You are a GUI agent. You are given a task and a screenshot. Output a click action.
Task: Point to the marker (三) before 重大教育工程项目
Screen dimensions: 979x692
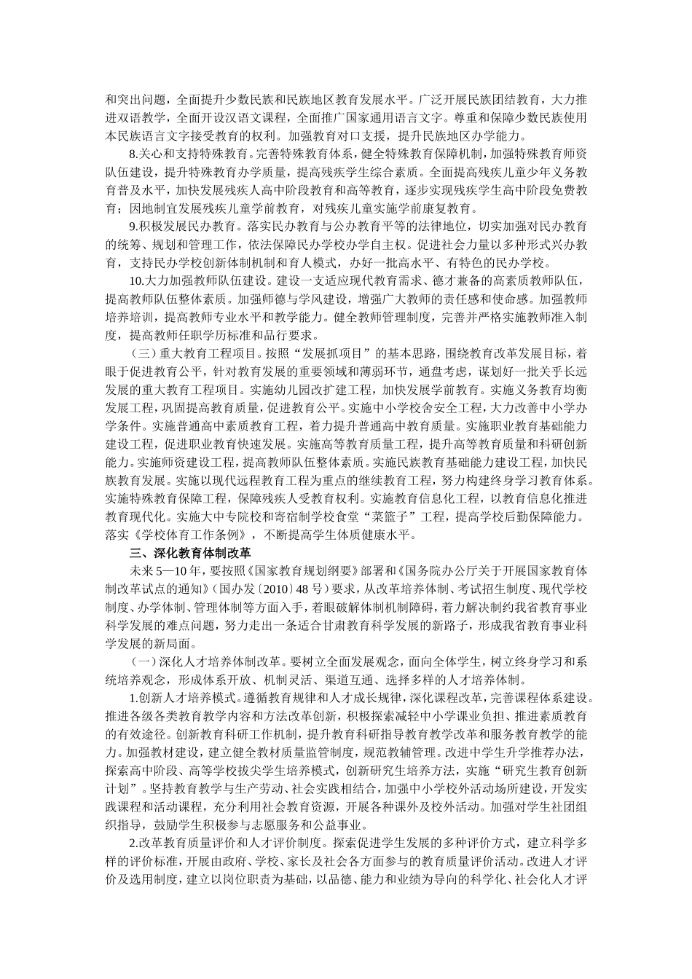click(141, 354)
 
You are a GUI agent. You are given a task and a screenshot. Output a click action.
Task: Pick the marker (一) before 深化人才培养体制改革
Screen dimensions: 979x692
click(141, 662)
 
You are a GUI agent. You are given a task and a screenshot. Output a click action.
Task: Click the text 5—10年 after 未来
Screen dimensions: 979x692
click(172, 572)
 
